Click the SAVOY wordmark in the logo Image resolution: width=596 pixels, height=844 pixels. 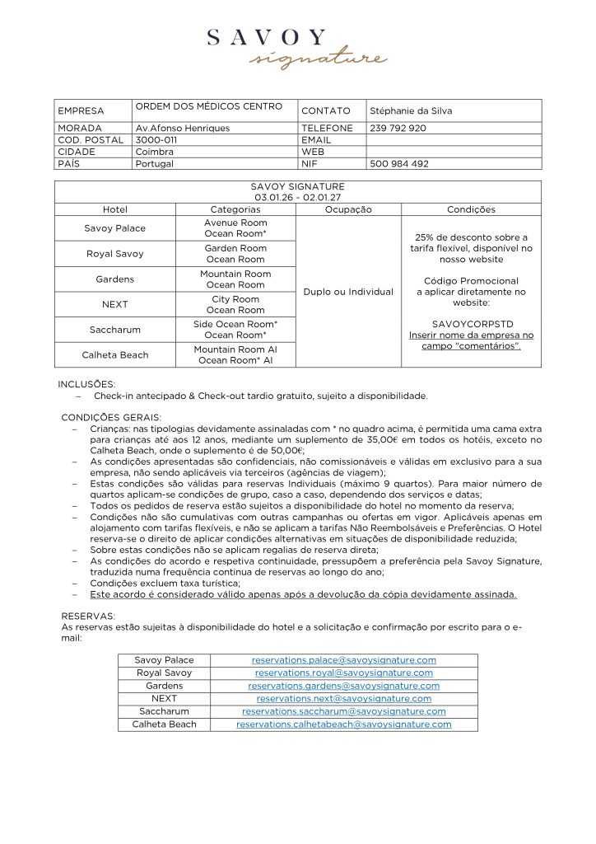267,38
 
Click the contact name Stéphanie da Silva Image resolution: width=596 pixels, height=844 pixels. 411,111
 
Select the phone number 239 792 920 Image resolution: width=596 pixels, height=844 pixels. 398,129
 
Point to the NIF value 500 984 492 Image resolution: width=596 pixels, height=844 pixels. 399,164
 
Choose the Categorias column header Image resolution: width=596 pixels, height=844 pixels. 235,210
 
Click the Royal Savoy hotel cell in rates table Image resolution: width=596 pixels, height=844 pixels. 114,254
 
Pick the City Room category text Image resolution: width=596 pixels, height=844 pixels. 235,298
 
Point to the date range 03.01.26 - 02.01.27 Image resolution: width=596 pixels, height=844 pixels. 297,198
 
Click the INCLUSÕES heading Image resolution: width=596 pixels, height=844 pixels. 86,384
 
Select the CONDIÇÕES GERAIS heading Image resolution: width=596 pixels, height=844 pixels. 111,416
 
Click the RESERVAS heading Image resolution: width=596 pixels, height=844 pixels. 87,616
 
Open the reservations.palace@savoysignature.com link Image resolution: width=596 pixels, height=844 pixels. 343,660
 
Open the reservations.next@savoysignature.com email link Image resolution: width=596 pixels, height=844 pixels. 343,699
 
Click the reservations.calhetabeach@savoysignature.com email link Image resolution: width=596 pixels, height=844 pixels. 343,724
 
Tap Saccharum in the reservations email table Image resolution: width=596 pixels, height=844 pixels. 164,711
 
